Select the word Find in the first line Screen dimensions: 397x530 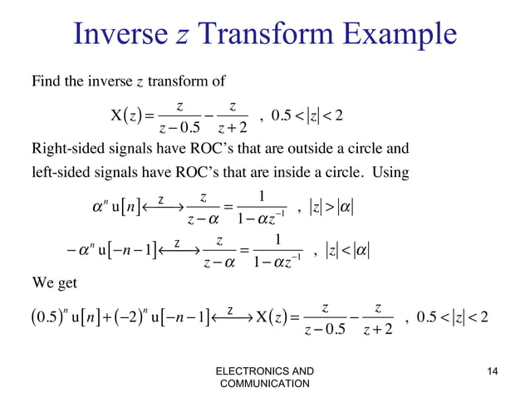pos(45,81)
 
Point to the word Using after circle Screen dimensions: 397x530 pos(390,175)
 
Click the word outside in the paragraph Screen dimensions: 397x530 pos(305,150)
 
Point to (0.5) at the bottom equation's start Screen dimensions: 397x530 pos(48,318)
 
